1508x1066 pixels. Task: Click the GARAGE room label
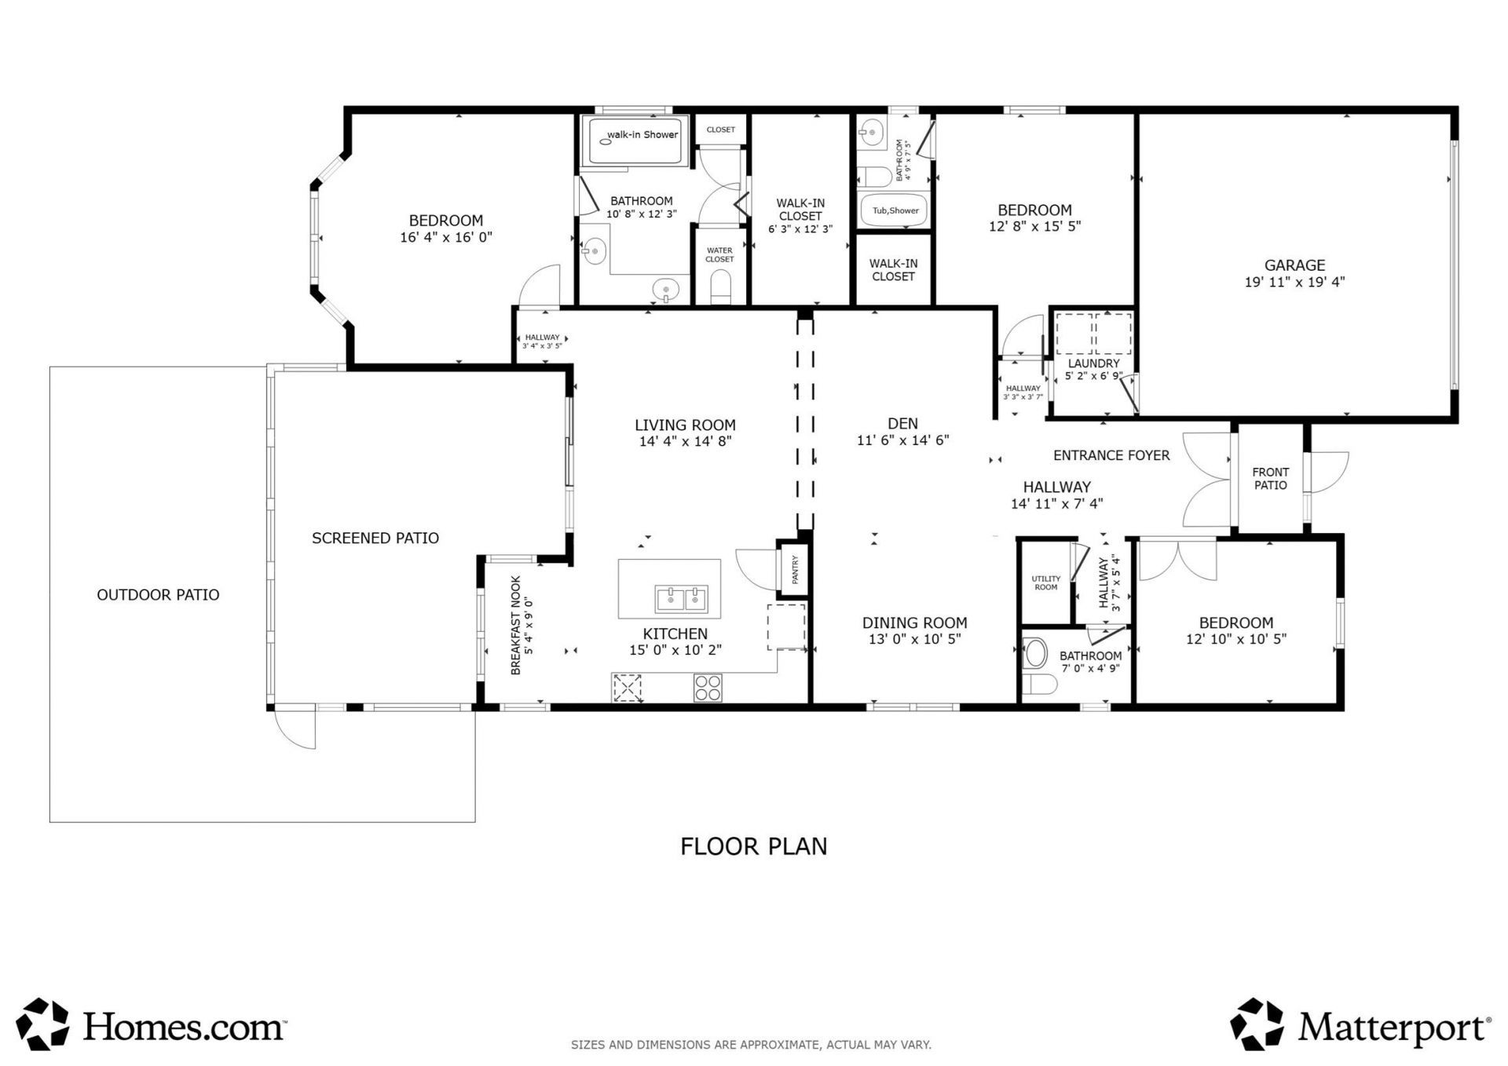[x=1294, y=265]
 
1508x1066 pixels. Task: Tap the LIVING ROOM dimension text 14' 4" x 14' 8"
[x=685, y=441]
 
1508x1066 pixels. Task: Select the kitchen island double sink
[x=681, y=600]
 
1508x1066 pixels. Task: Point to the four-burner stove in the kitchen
[x=708, y=688]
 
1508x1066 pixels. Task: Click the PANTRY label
[x=795, y=570]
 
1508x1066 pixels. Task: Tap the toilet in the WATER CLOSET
[x=719, y=287]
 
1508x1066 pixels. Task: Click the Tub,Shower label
[x=895, y=210]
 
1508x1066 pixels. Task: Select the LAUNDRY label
[x=1093, y=363]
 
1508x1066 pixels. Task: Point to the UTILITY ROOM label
[x=1045, y=582]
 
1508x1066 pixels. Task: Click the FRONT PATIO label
[x=1270, y=479]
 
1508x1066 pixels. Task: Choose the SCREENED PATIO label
[x=375, y=538]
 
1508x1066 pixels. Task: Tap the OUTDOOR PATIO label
[x=158, y=594]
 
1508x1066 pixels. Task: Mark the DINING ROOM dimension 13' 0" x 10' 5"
[x=915, y=639]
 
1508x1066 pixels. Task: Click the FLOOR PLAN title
[x=754, y=846]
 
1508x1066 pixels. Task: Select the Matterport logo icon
[x=1257, y=1024]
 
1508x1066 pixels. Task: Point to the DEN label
[x=902, y=424]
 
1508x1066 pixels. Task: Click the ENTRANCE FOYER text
[x=1111, y=455]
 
